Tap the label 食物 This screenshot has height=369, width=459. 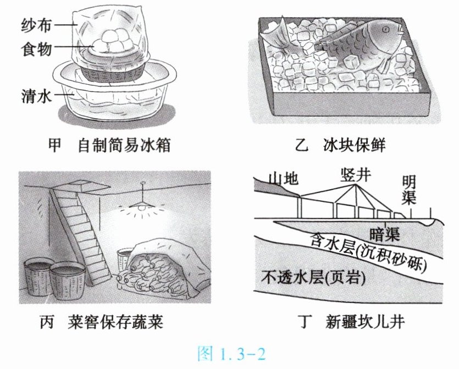pyautogui.click(x=36, y=48)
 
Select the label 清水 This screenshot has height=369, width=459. pyautogui.click(x=36, y=96)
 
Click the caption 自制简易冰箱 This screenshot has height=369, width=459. pyautogui.click(x=124, y=145)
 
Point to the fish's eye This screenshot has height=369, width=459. pyautogui.click(x=385, y=29)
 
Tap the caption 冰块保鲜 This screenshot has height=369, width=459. pyautogui.click(x=355, y=145)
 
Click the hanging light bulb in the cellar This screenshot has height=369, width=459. pyautogui.click(x=142, y=207)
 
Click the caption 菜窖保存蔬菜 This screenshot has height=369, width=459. pyautogui.click(x=115, y=322)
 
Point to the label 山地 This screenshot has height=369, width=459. pyautogui.click(x=284, y=179)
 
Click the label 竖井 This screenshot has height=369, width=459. pyautogui.click(x=356, y=175)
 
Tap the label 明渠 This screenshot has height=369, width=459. pyautogui.click(x=409, y=190)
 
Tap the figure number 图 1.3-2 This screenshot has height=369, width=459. pyautogui.click(x=231, y=354)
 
